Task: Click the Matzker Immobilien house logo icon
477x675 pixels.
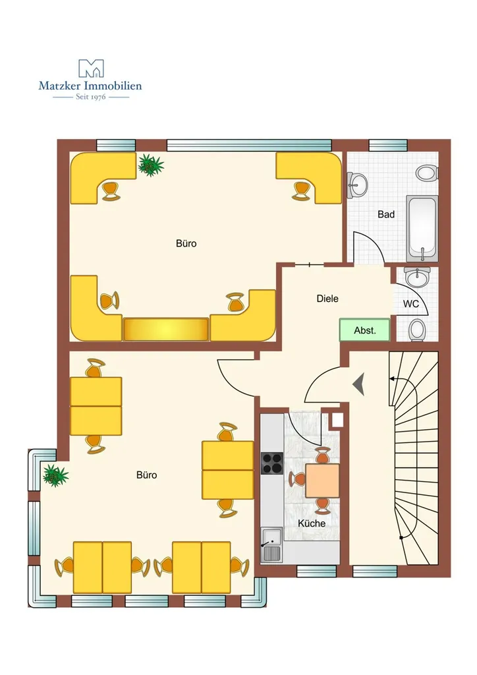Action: pos(91,69)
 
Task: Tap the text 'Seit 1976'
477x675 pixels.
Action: pos(91,97)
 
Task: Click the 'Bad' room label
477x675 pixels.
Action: pos(386,214)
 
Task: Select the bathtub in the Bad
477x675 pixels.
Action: pos(422,229)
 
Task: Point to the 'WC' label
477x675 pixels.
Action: pos(410,304)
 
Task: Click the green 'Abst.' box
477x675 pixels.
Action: pos(365,330)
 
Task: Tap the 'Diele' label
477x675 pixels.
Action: pos(327,299)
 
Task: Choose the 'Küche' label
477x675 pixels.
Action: pos(312,523)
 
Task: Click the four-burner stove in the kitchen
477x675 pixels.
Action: pos(272,463)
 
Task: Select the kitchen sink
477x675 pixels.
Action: pos(271,544)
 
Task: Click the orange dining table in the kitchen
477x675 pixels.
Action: pos(322,480)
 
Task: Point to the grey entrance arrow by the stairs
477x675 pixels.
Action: pos(358,384)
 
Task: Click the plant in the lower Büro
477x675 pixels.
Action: pos(55,475)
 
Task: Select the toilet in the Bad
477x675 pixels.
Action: pos(427,173)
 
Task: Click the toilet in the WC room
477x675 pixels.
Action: pos(416,330)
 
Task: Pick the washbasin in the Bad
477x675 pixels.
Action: pos(357,185)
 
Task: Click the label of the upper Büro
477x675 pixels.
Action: pos(186,244)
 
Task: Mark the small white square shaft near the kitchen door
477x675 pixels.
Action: pos(337,420)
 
